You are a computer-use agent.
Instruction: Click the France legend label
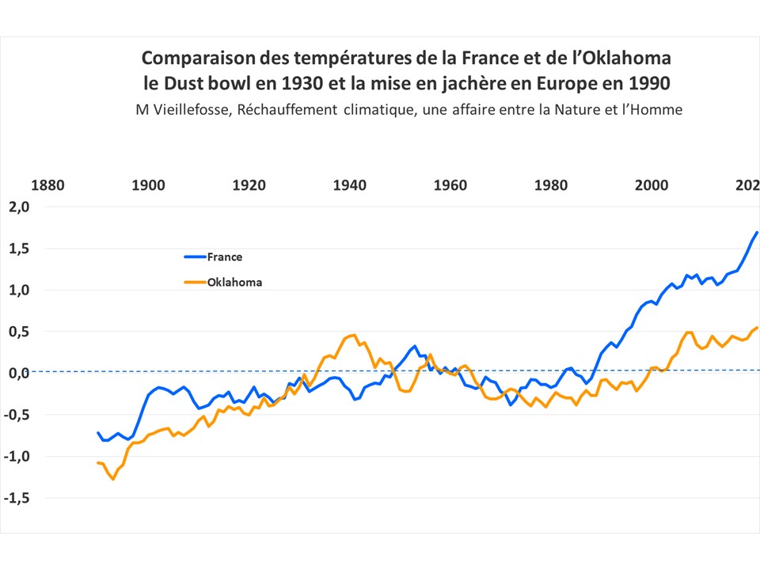coord(225,256)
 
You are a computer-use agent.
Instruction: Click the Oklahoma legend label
coord(234,282)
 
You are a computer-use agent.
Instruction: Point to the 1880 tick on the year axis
coord(47,186)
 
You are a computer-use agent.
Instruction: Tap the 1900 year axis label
coord(148,186)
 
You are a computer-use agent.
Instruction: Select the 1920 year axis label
coord(249,186)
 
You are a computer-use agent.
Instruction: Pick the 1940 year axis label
coord(349,186)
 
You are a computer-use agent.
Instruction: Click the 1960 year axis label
coord(450,186)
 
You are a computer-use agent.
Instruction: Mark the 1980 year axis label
coord(551,186)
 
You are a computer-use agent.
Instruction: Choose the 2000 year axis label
coord(652,186)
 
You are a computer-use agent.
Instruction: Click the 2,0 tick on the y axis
coord(17,207)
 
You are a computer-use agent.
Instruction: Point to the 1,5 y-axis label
coord(17,249)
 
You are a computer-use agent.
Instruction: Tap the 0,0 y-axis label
coord(17,373)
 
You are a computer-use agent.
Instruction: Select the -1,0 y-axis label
coord(16,456)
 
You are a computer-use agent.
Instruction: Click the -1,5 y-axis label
coord(16,498)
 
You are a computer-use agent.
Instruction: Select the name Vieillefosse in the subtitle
coord(194,110)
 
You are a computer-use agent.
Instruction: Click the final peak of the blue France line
coord(757,232)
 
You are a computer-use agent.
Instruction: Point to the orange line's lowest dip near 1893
coord(112,479)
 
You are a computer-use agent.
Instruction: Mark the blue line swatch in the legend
coord(194,256)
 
